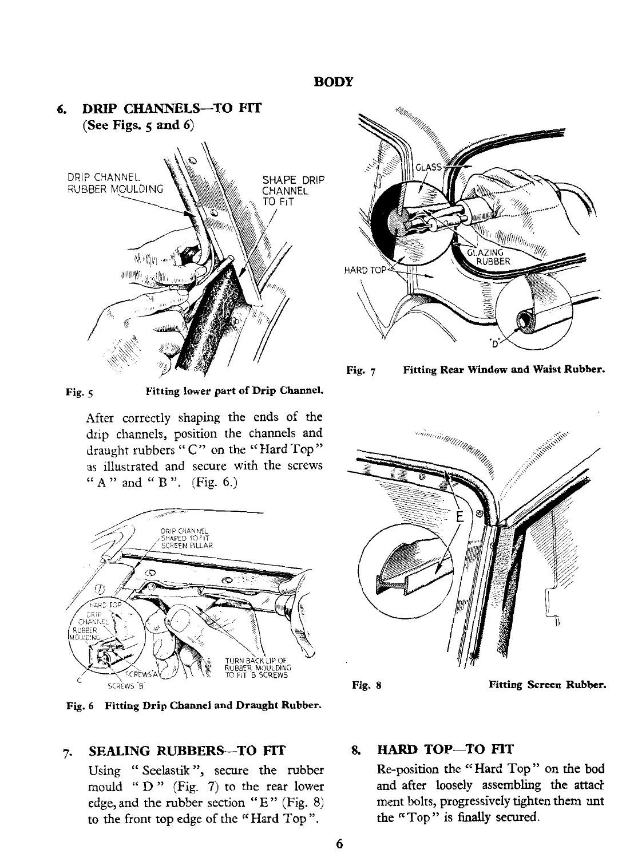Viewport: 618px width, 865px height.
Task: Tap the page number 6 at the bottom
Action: [x=339, y=844]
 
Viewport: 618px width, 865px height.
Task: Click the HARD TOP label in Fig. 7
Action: [x=365, y=271]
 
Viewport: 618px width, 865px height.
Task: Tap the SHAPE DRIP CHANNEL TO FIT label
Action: [x=285, y=189]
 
